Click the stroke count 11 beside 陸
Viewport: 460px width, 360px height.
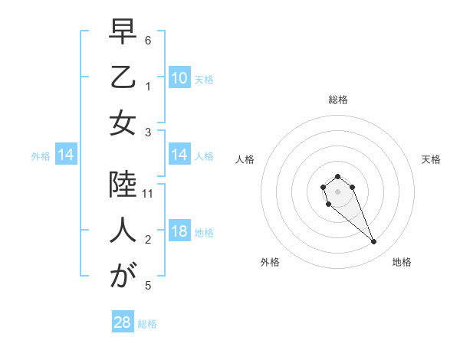pyautogui.click(x=148, y=194)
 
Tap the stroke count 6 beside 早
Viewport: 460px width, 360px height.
pyautogui.click(x=148, y=40)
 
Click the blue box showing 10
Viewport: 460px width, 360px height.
pyautogui.click(x=179, y=78)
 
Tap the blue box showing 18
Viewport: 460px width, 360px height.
pyautogui.click(x=179, y=232)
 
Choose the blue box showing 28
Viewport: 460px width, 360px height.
pyautogui.click(x=123, y=322)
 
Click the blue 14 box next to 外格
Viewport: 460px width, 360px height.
pyautogui.click(x=65, y=155)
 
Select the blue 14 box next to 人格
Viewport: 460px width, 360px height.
pyautogui.click(x=179, y=155)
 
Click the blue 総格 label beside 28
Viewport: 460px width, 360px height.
pyautogui.click(x=147, y=324)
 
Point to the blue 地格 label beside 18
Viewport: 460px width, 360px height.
pyautogui.click(x=204, y=233)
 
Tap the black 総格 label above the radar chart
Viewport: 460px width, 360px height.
pyautogui.click(x=337, y=100)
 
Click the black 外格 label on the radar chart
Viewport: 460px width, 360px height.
pyautogui.click(x=270, y=262)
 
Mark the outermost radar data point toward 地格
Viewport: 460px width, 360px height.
pyautogui.click(x=374, y=242)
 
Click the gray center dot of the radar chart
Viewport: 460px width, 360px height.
pyautogui.click(x=337, y=191)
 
